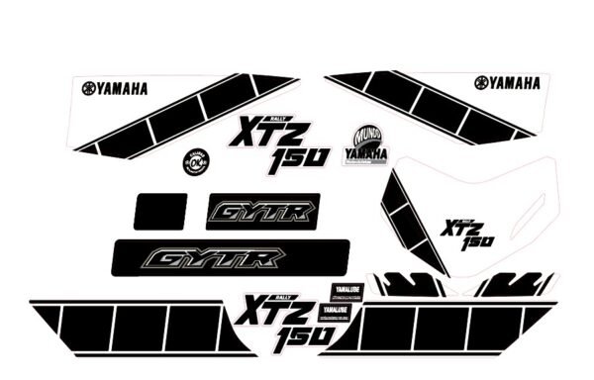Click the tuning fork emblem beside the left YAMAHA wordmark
(x=89, y=88)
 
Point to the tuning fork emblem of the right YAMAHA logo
(x=481, y=83)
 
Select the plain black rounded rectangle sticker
(x=160, y=211)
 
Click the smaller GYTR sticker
(x=262, y=211)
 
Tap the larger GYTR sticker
(x=212, y=258)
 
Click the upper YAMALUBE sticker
(x=346, y=291)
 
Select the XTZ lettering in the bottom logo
(x=259, y=313)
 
